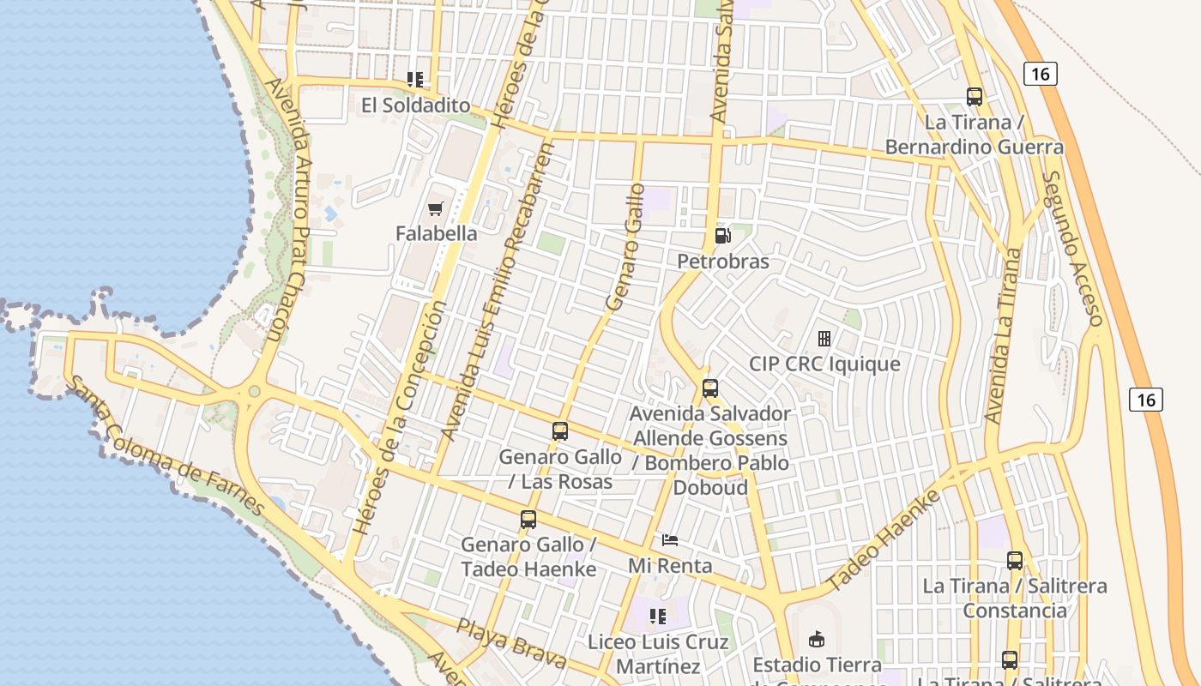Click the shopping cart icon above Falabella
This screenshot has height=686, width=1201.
tap(435, 208)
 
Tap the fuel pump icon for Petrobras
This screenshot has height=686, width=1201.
tap(723, 236)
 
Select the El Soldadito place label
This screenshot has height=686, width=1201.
tap(415, 105)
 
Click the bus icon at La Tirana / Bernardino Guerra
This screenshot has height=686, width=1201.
tap(974, 97)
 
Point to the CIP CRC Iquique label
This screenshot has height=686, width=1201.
tap(824, 364)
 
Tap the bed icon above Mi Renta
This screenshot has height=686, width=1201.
tap(670, 540)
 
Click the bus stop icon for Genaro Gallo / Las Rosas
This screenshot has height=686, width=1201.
tap(560, 431)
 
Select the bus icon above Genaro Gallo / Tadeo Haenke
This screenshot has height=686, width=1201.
tap(528, 520)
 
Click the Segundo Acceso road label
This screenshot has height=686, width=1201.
tap(1071, 249)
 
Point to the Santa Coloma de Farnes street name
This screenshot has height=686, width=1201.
tap(166, 446)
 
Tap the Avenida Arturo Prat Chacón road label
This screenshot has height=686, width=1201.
tap(286, 210)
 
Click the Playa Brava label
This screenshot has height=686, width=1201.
tap(510, 643)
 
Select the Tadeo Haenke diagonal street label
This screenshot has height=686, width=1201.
tap(883, 541)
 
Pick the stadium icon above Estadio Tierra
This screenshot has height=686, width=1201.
tap(816, 639)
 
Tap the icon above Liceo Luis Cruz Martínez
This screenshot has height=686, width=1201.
tap(658, 616)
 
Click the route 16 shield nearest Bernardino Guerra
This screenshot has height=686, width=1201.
tap(1040, 74)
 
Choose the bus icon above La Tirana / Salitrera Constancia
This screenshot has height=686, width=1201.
tap(1015, 561)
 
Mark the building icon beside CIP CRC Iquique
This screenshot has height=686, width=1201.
tap(824, 339)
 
